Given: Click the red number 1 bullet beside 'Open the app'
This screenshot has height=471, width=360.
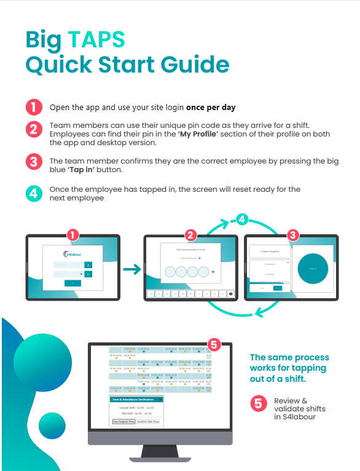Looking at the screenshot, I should (x=33, y=107).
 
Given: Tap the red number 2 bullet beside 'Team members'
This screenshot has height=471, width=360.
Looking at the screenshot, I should (x=33, y=129).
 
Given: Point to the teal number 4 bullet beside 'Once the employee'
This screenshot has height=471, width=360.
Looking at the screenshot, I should (x=33, y=194).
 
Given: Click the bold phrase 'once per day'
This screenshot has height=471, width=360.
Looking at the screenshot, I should (x=211, y=108).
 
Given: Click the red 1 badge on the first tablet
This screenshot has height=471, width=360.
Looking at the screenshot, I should (x=73, y=235).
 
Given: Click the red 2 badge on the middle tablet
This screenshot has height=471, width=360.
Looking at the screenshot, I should (x=191, y=235).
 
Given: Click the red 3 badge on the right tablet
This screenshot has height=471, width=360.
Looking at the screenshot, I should (x=292, y=235).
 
